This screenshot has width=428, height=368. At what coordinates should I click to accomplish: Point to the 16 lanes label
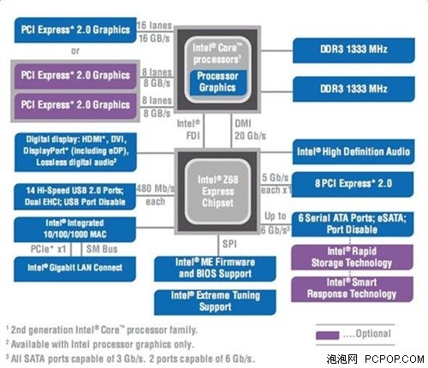pos(155,27)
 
